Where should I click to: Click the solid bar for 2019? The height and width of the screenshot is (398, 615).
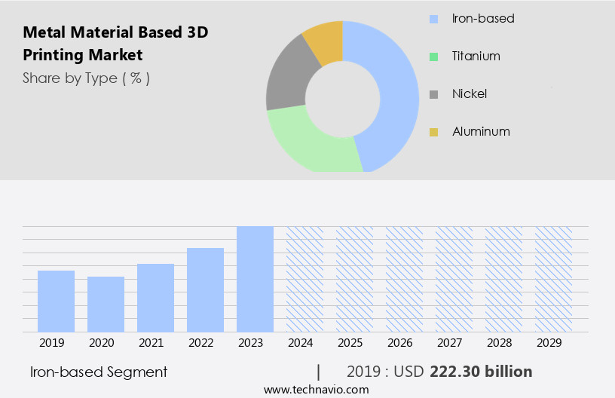(56, 301)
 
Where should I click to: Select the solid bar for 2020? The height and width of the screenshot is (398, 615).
(106, 304)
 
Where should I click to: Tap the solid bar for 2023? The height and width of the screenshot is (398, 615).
(255, 279)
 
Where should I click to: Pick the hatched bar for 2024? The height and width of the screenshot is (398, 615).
(304, 279)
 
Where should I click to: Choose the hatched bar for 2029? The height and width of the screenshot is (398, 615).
(553, 279)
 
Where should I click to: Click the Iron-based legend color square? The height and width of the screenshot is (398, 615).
(433, 19)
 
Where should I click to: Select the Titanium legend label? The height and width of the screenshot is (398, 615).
(476, 57)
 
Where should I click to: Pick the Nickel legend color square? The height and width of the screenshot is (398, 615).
(433, 94)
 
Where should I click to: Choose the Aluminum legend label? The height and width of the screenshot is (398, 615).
(481, 132)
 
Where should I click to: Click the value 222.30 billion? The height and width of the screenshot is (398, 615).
(481, 372)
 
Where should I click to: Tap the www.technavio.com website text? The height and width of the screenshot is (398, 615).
(316, 390)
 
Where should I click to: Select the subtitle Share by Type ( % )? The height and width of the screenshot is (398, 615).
(86, 78)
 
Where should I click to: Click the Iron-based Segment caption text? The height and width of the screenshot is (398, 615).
(99, 372)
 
